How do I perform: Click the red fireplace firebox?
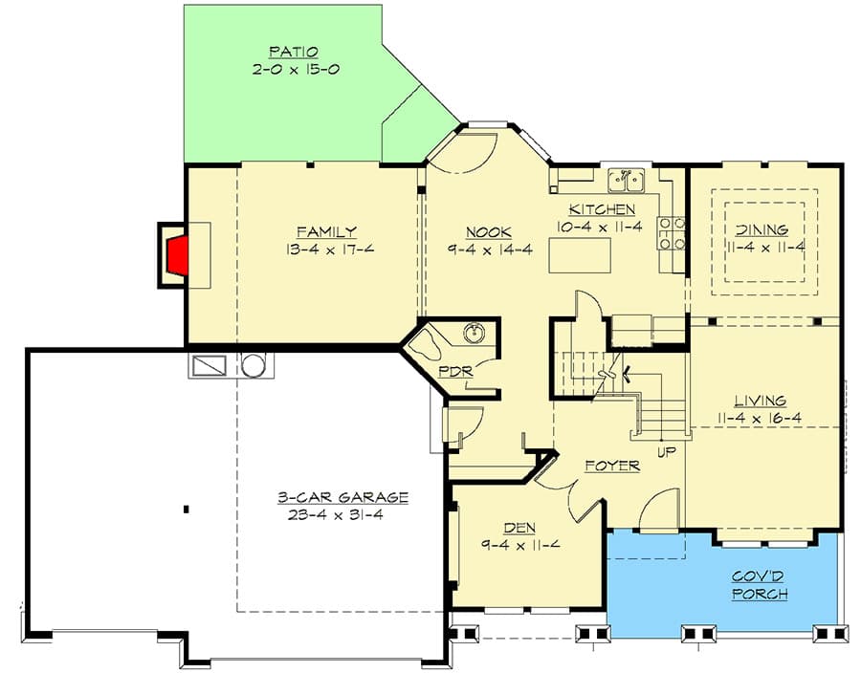(178, 255)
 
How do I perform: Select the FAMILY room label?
(326, 231)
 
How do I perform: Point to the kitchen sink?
(627, 180)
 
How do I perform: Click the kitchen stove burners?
(671, 233)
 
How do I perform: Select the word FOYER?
(612, 466)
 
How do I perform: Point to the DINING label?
(762, 229)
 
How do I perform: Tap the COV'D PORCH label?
(761, 585)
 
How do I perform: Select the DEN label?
(519, 528)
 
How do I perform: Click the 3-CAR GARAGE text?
(342, 497)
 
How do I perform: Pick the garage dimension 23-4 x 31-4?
(342, 514)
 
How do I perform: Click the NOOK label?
(488, 232)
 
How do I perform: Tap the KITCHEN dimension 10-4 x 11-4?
(602, 227)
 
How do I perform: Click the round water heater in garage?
(254, 365)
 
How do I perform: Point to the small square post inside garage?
(187, 509)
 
